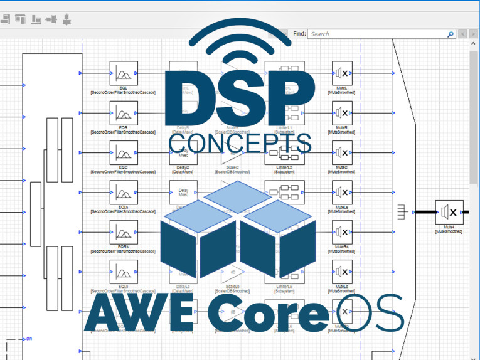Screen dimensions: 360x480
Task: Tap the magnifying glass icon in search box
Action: click(450, 34)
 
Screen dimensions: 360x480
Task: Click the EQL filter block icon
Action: click(124, 73)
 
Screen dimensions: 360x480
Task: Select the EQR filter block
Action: click(124, 113)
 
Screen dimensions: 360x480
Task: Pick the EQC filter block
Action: click(124, 152)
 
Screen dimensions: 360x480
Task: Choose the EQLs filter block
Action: click(124, 192)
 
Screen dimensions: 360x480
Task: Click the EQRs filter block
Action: click(124, 231)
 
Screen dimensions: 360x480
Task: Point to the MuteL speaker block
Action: click(341, 73)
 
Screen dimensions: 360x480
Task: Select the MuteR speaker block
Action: click(341, 113)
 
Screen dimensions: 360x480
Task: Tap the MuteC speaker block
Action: click(341, 152)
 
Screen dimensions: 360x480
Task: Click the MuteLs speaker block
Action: click(341, 192)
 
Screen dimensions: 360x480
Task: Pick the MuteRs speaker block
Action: click(341, 231)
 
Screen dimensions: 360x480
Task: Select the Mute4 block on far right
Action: click(449, 212)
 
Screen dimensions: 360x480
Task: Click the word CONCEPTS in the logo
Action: click(240, 142)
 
